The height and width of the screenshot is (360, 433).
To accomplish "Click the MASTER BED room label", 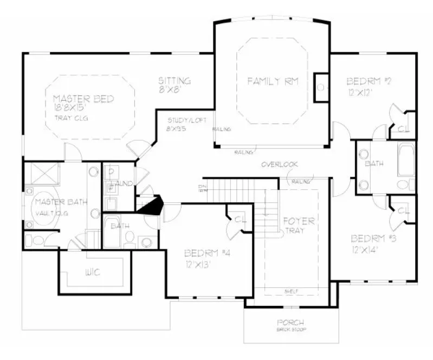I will pyautogui.click(x=83, y=99).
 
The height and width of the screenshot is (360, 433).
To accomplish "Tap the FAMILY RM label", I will pyautogui.click(x=274, y=81).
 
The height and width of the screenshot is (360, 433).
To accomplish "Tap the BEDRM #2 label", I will pyautogui.click(x=369, y=81).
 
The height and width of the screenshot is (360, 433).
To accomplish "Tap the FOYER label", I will pyautogui.click(x=299, y=221).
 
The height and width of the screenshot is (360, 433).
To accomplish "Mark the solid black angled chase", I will pyautogui.click(x=151, y=206).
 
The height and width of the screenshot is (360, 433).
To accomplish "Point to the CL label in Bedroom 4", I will pyautogui.click(x=239, y=219).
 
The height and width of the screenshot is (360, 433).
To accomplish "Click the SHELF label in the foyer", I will pyautogui.click(x=291, y=291).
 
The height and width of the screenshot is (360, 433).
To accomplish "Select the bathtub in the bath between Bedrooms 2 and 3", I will pyautogui.click(x=406, y=160).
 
